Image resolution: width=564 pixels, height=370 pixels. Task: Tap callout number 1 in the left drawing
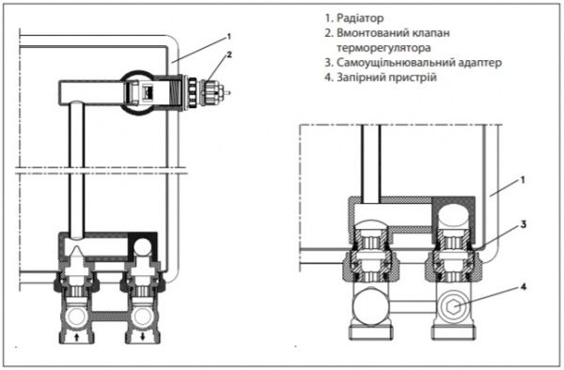228,36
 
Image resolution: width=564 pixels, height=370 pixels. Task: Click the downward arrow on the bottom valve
143,332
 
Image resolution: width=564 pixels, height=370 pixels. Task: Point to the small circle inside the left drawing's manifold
143,247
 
